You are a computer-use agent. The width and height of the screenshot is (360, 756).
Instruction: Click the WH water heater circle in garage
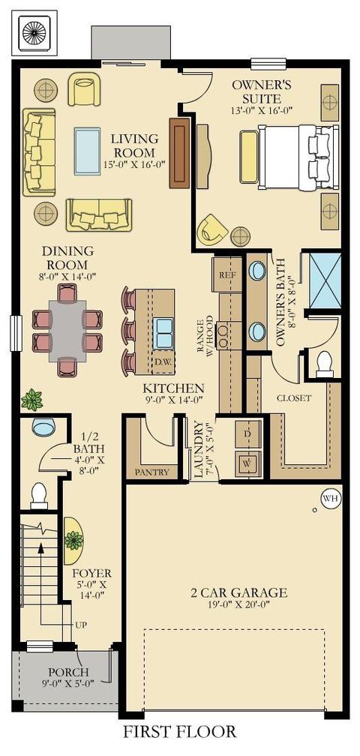click(x=331, y=499)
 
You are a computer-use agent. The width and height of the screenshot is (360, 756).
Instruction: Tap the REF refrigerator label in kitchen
click(x=226, y=276)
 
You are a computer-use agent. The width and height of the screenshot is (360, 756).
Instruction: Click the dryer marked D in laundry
click(x=247, y=434)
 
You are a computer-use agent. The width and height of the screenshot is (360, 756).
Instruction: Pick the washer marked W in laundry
click(x=247, y=463)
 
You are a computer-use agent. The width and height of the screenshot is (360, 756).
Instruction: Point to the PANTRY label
click(x=152, y=472)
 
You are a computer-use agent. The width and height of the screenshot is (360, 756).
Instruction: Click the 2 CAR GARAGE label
click(x=238, y=592)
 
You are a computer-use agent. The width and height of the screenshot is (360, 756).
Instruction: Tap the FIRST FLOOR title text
click(x=180, y=732)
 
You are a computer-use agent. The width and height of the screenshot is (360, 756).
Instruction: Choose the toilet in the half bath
click(x=38, y=496)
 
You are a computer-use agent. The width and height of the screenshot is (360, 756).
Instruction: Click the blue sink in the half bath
click(x=43, y=426)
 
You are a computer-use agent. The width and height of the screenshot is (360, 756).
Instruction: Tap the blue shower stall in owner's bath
click(x=324, y=283)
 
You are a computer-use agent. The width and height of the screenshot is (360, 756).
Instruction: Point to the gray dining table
click(x=67, y=330)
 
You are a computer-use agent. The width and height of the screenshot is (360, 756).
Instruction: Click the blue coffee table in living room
click(x=87, y=151)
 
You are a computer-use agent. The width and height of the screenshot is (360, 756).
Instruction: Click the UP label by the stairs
click(x=82, y=625)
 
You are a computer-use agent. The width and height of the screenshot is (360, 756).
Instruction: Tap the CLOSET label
click(x=293, y=398)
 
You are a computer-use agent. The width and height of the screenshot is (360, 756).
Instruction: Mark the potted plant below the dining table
click(x=31, y=400)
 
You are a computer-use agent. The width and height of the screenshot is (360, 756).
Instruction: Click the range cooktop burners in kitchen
click(x=224, y=330)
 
